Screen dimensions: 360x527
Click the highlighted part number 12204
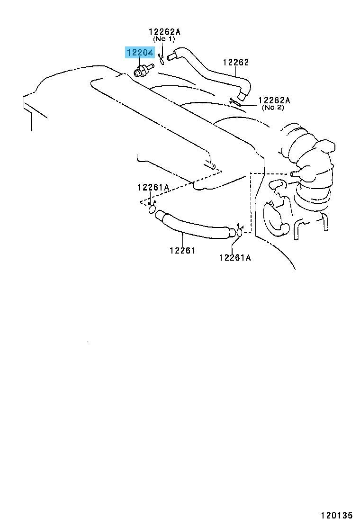[x=140, y=53]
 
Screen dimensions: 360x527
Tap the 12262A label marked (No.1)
[x=164, y=32]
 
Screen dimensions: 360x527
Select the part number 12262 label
[x=236, y=62]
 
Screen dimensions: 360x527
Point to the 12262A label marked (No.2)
[x=274, y=100]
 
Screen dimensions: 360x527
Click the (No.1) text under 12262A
[x=164, y=39]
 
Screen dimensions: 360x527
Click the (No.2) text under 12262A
[x=273, y=108]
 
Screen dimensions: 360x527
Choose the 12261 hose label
[x=182, y=250]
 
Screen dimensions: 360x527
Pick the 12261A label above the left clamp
[x=153, y=187]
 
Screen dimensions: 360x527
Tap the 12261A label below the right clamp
[x=235, y=257]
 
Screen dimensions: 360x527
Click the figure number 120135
[x=336, y=515]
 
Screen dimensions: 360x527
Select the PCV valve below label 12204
[x=143, y=70]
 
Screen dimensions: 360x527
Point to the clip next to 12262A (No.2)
[x=236, y=101]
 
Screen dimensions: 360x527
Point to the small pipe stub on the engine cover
[x=210, y=165]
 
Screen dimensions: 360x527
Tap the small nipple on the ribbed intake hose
[x=295, y=173]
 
